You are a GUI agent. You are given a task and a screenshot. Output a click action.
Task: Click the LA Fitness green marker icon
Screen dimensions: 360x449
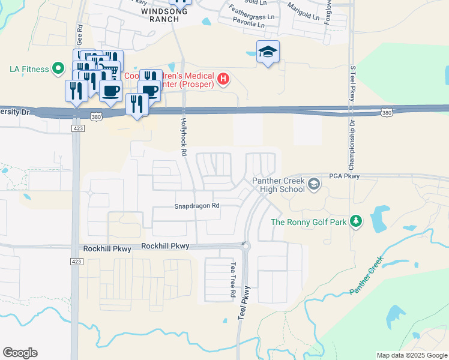tap(58, 68)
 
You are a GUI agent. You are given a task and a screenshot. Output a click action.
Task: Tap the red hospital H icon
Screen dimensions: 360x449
tap(223, 79)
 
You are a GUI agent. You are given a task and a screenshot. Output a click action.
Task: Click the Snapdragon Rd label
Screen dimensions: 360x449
tap(197, 206)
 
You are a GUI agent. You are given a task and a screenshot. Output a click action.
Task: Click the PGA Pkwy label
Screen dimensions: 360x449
tap(344, 176)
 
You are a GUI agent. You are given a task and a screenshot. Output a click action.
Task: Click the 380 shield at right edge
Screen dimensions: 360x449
tap(387, 112)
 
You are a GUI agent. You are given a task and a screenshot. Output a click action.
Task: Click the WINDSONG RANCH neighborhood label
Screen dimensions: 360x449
tap(161, 15)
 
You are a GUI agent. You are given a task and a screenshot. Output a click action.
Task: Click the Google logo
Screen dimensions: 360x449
tap(20, 353)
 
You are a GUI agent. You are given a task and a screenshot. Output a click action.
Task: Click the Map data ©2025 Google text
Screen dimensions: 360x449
tap(411, 355)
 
